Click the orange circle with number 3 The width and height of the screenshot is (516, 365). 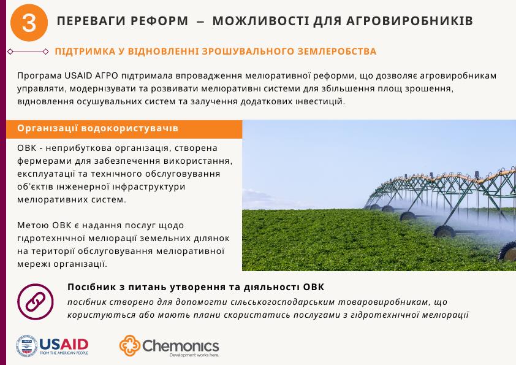click(29, 23)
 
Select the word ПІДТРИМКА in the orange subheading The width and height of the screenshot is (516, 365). click(82, 52)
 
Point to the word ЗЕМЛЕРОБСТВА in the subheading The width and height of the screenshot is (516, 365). click(340, 52)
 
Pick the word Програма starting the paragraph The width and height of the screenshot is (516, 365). click(38, 75)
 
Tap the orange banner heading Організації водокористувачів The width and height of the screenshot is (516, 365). click(98, 128)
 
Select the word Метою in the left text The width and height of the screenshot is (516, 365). click(31, 226)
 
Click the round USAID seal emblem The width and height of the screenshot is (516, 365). click(27, 346)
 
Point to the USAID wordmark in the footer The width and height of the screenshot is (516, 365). click(63, 343)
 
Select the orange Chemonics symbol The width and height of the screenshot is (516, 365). click(129, 346)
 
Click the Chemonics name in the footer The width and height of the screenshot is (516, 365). click(180, 345)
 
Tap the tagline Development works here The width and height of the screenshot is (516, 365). click(194, 355)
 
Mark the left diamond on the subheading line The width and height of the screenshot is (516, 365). click(10, 52)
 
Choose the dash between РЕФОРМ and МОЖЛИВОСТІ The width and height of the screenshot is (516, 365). click(200, 22)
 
